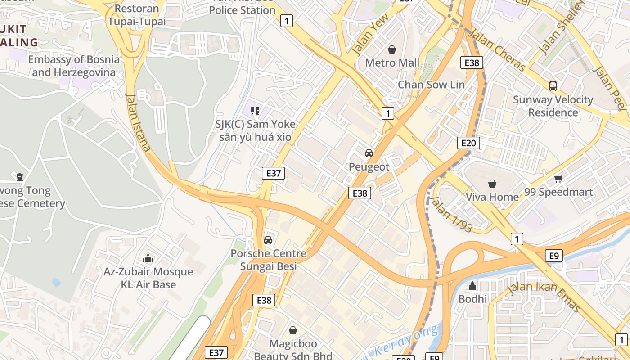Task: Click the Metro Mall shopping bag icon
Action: click(x=392, y=49)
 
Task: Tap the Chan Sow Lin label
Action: click(x=431, y=85)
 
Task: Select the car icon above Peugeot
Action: click(x=369, y=153)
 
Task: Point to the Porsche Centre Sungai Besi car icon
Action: click(x=268, y=240)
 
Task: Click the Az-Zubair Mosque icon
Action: click(x=148, y=259)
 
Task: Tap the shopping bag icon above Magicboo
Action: click(x=293, y=331)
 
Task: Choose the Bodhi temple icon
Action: click(x=472, y=286)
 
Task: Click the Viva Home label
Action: click(x=492, y=197)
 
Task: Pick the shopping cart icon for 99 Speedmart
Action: click(x=558, y=179)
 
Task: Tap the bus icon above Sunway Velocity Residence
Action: click(x=553, y=86)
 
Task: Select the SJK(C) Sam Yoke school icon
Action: click(x=255, y=111)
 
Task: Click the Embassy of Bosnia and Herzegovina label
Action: click(x=74, y=66)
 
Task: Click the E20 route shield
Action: click(x=468, y=143)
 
